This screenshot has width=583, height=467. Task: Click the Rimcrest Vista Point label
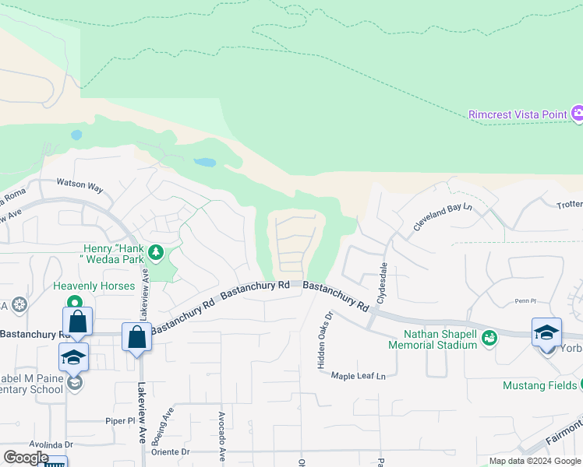coord(518,114)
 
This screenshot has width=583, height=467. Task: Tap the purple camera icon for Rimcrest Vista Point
coord(578,114)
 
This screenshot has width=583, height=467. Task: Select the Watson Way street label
coord(79,187)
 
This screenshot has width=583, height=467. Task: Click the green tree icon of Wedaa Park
coord(156,251)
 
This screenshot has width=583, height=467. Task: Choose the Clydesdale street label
coord(383,282)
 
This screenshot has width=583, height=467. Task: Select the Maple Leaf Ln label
coord(359,376)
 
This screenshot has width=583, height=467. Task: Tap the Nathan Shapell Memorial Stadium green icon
coord(489,338)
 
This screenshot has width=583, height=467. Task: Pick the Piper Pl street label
coord(120,420)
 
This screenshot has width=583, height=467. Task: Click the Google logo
coord(26,458)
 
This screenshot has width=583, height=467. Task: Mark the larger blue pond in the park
coord(205,163)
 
